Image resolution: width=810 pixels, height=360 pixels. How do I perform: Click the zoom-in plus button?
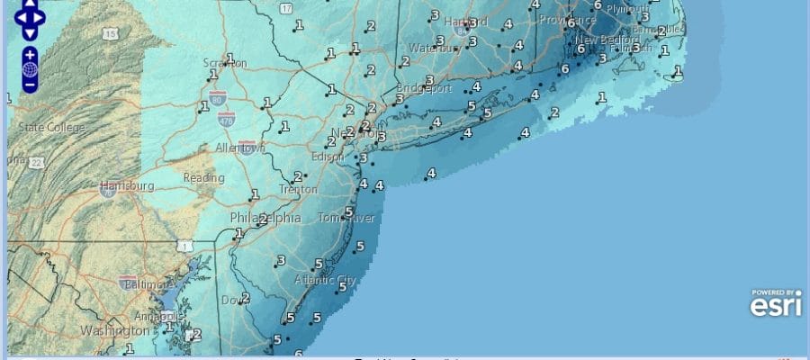[x=30, y=54]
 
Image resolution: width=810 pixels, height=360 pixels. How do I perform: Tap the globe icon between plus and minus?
[x=30, y=69]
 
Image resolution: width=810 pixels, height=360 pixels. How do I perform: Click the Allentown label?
[x=240, y=148]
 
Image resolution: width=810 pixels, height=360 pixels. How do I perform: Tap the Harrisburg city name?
[x=127, y=186]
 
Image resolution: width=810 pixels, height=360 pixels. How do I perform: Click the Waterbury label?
[x=434, y=48]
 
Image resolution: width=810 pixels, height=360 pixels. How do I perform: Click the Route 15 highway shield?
[x=110, y=33]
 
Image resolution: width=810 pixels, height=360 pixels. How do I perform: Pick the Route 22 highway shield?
[x=37, y=162]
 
